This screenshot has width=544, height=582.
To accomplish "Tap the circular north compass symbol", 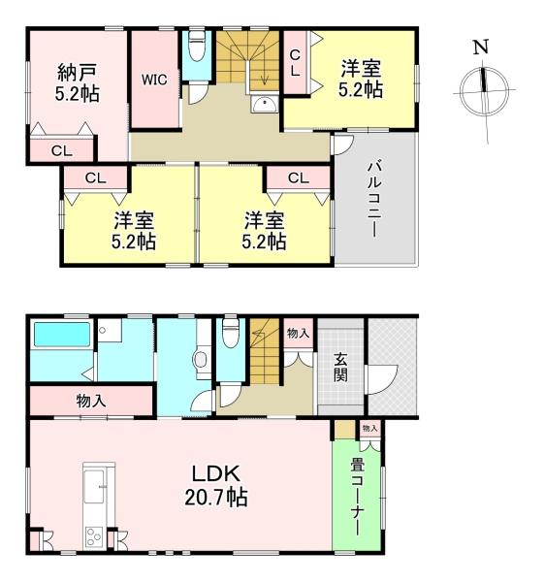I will tap(482, 89).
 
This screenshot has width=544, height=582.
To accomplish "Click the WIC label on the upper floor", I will tap(155, 81).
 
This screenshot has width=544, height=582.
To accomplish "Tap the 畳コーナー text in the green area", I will tap(356, 496).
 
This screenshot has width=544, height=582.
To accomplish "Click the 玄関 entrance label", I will tap(342, 367).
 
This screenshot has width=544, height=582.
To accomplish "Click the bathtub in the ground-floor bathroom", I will tap(61, 336).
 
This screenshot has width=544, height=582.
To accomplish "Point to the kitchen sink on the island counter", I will tap(97, 482).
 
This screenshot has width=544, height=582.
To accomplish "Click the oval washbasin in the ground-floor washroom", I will tap(200, 360).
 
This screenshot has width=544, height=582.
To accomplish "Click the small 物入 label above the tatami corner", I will tap(369, 427).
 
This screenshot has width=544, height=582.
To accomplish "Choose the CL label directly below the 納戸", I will tap(60, 150).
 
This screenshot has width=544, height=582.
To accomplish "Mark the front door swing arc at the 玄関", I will tap(380, 377).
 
